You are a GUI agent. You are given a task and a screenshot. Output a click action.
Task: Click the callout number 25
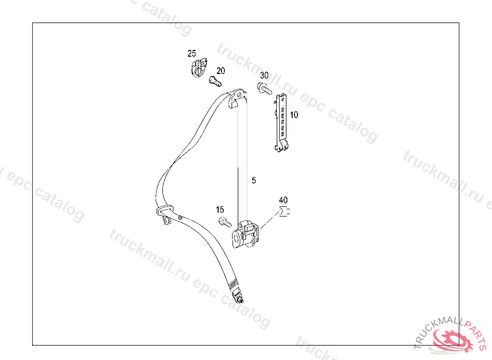tap(192, 53)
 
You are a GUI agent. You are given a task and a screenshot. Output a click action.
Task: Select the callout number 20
tap(221, 71)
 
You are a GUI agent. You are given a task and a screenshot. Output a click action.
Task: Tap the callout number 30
tap(264, 75)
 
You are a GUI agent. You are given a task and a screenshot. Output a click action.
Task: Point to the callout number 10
tap(294, 115)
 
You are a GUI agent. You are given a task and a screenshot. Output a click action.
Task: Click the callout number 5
tap(254, 180)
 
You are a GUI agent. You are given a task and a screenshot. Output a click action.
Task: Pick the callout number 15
tap(220, 210)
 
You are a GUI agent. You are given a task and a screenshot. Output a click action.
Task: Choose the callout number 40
tap(283, 199)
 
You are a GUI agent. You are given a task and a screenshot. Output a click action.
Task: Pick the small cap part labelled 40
tap(284, 212)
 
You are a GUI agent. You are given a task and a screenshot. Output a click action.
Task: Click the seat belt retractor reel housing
tap(246, 234)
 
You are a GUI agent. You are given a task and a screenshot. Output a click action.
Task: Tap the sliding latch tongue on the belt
tap(165, 213)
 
